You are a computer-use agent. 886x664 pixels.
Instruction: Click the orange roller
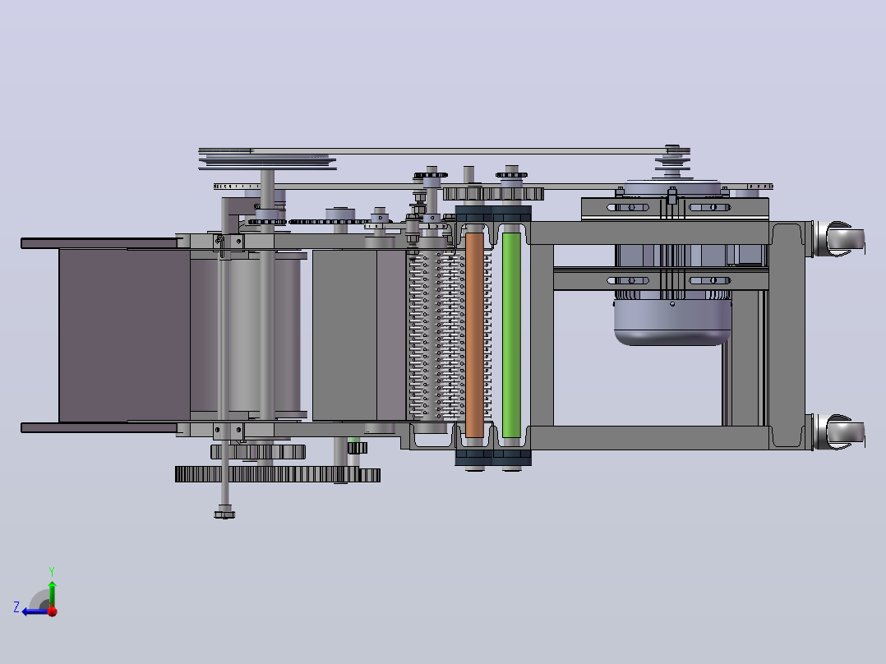click(474, 335)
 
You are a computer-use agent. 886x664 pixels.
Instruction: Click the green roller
click(511, 335)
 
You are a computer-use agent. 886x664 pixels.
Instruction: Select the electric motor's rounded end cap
click(672, 322)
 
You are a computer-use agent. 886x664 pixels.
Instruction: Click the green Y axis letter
click(52, 571)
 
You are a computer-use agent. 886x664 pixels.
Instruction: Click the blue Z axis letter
click(16, 607)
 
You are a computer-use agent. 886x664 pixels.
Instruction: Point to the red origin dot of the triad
click(53, 611)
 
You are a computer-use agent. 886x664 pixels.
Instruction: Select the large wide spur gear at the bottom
click(278, 474)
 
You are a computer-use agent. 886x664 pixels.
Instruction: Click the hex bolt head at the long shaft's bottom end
click(224, 514)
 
